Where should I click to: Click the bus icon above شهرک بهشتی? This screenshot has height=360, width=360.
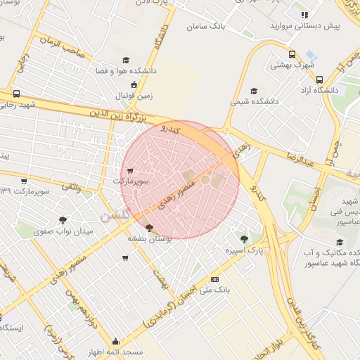292,54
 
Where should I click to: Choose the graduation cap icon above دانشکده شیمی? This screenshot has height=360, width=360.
254,90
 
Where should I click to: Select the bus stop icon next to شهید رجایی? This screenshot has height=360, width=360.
16,94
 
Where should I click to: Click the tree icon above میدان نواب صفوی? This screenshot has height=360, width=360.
63,221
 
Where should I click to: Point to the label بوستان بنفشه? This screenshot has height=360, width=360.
146,238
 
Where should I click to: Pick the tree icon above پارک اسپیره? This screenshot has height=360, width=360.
244,238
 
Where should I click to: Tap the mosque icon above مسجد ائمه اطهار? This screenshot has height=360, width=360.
116,341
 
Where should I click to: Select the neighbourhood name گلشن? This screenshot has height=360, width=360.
115,216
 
